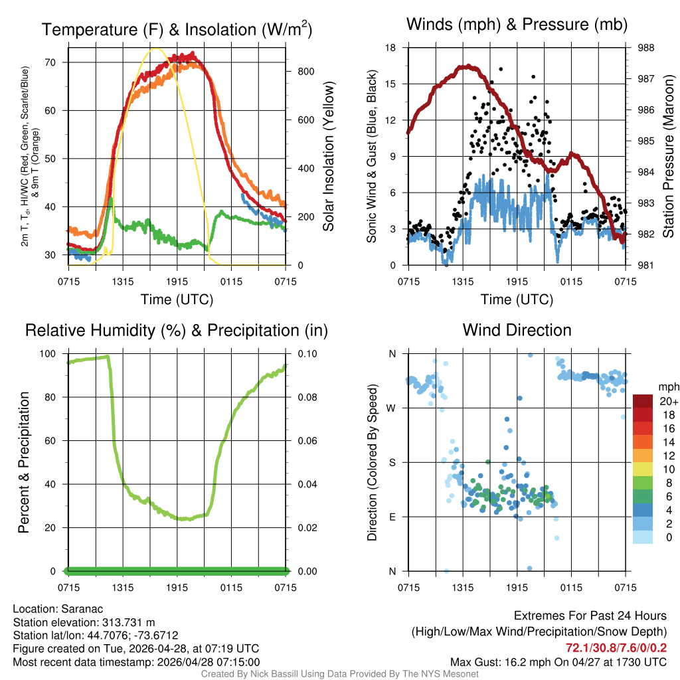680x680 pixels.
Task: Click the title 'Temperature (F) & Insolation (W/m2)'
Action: (177, 29)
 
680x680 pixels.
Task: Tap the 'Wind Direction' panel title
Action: (517, 330)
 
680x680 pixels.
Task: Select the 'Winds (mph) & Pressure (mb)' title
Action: (517, 25)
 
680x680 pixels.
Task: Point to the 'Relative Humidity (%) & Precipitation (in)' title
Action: (177, 330)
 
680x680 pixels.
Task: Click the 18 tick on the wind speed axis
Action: (391, 48)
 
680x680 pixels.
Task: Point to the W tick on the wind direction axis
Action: (392, 408)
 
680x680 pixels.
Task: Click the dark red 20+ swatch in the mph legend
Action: (643, 401)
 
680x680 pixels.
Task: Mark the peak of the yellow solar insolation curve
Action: (156, 48)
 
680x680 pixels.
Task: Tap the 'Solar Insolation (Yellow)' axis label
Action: (329, 156)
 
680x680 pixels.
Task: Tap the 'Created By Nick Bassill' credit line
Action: (340, 674)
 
